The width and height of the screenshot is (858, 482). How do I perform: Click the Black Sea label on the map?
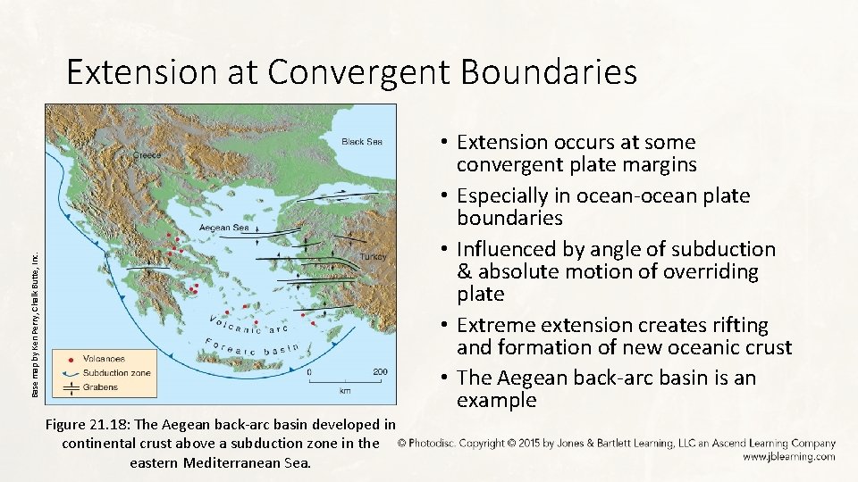click(362, 142)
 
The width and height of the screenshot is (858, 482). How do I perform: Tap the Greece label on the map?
click(147, 154)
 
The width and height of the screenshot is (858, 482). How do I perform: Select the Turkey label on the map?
click(372, 256)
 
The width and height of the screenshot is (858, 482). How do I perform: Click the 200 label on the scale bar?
click(380, 371)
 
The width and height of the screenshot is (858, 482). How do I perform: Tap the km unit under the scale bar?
click(345, 390)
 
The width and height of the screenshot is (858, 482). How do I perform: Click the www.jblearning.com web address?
click(787, 456)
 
